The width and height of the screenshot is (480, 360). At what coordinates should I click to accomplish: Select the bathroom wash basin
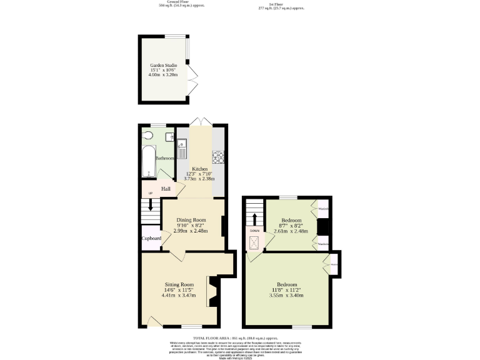click(x=169, y=136)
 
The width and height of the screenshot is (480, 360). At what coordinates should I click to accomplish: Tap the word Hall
click(x=166, y=189)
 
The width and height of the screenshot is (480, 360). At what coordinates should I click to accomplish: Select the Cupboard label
click(x=152, y=238)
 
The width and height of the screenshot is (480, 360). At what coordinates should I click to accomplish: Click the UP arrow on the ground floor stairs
click(x=150, y=204)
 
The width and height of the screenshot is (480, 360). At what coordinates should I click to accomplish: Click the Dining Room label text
click(x=191, y=220)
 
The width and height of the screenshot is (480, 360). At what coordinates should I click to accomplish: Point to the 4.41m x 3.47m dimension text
click(x=179, y=294)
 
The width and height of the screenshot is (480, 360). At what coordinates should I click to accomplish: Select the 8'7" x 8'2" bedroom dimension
click(x=291, y=226)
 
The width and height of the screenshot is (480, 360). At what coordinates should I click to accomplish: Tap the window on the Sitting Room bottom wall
click(x=192, y=326)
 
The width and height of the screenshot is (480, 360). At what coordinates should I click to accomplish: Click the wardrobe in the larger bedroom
click(x=334, y=263)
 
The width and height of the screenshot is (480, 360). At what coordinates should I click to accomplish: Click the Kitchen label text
click(x=200, y=169)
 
